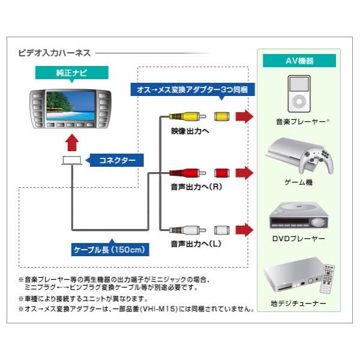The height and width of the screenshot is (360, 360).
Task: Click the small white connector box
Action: click(x=71, y=160)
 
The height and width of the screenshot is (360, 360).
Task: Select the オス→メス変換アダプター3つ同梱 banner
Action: click(x=193, y=89)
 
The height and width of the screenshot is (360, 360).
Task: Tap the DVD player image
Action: click(x=298, y=214)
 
